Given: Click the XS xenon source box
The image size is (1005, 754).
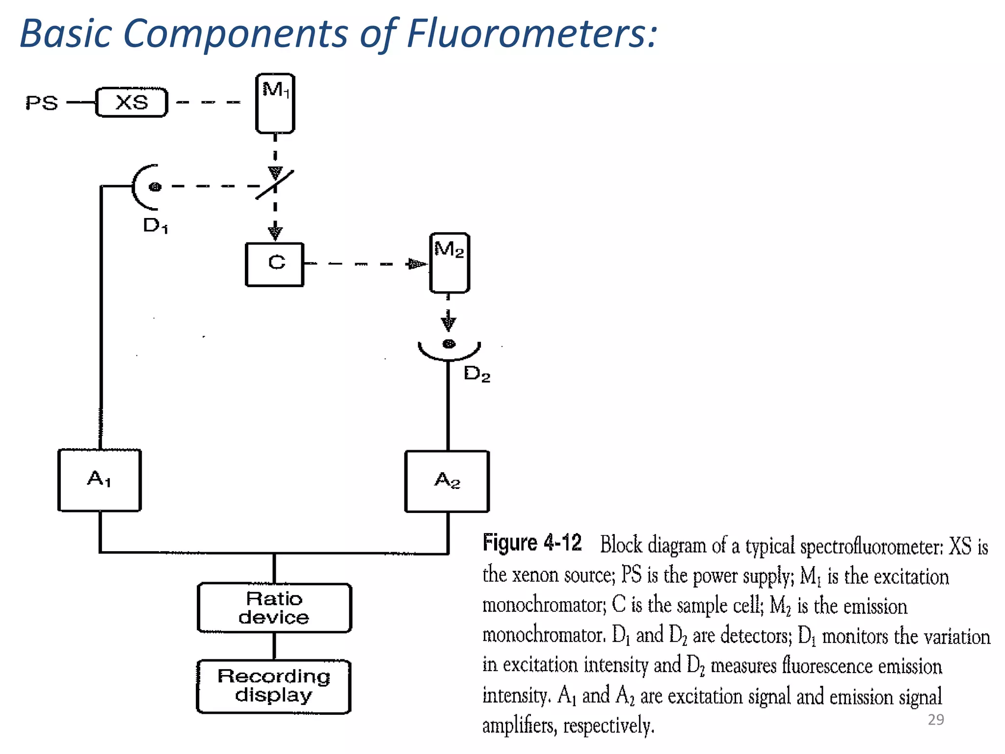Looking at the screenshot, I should [132, 103].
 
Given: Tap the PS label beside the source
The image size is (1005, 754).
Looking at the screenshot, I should [42, 103].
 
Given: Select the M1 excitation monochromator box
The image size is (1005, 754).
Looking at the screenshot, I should [275, 104].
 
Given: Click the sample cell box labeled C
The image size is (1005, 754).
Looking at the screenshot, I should [275, 264].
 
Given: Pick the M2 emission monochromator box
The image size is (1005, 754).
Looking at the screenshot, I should [450, 263].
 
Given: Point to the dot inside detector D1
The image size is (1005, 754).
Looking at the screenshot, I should [155, 187].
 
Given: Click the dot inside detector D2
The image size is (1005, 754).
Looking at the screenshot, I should [449, 344].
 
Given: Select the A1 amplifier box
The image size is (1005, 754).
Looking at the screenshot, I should [100, 480].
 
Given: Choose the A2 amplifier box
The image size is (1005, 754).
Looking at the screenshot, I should [447, 481].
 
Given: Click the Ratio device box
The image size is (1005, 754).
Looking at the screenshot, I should [274, 608].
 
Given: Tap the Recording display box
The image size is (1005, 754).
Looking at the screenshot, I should [274, 686].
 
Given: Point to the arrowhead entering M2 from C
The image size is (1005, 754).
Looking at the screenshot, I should [417, 264].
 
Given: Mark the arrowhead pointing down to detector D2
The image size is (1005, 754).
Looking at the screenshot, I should [449, 323].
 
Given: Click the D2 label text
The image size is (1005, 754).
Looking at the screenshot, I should [476, 374].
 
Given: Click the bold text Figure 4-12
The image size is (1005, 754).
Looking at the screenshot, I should [532, 543].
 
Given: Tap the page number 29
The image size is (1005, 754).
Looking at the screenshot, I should [936, 719].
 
